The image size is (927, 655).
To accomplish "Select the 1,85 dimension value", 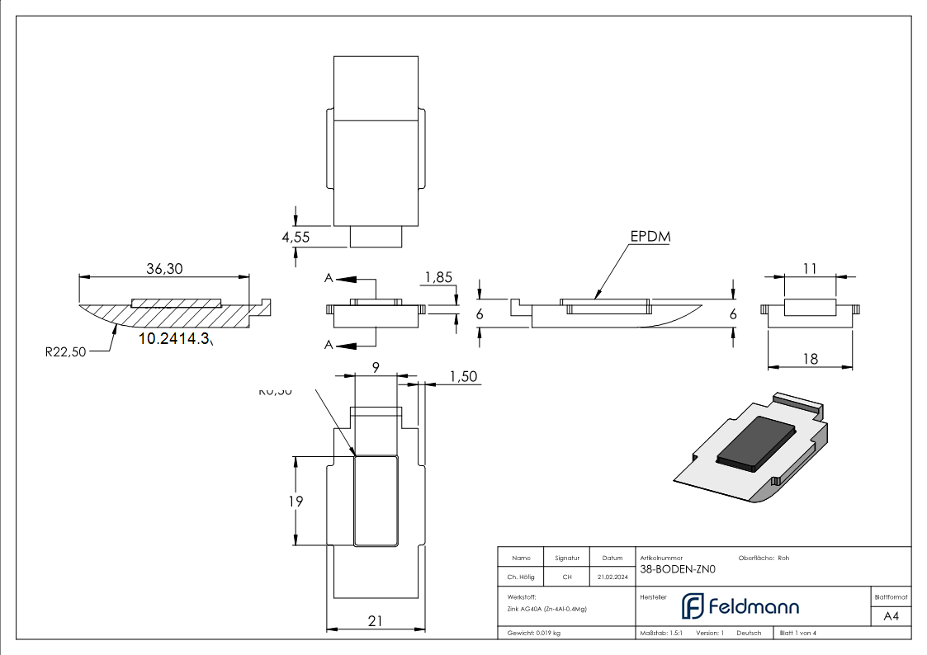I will point(438,277).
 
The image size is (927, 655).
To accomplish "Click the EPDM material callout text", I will point(650,237).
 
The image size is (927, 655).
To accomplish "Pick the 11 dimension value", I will point(809,268).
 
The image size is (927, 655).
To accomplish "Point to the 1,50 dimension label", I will point(464,376).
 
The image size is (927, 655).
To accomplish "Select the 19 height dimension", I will point(296,501).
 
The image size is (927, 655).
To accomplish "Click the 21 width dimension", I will point(376,621).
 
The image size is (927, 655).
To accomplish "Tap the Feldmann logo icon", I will point(692,606).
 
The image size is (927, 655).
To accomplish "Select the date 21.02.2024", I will point(612,577).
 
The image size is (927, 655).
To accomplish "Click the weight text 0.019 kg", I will point(534,633).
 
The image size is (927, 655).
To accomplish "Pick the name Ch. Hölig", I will point(520,577).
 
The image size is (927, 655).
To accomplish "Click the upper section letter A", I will point(329,279).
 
